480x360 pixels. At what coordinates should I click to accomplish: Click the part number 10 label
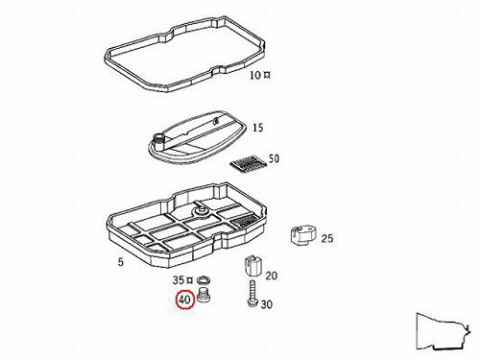(255, 76)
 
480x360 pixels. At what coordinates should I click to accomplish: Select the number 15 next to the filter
(258, 128)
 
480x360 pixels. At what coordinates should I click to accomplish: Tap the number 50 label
(274, 158)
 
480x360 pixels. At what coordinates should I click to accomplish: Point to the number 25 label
(327, 238)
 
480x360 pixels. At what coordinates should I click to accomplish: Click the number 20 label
(272, 276)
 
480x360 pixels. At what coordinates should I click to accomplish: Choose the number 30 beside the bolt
(267, 304)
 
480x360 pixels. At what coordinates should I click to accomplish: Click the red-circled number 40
(184, 300)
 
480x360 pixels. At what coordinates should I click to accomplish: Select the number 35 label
(179, 280)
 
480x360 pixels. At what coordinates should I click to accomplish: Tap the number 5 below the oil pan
(120, 262)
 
